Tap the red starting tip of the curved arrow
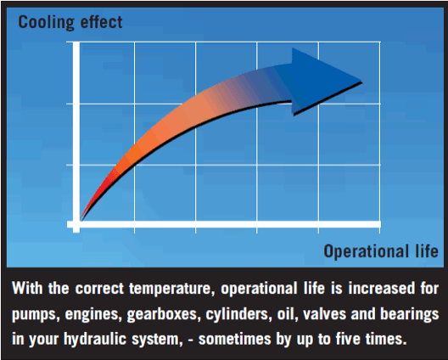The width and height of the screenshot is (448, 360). [x=85, y=212]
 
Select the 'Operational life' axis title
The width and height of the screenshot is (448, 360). [x=381, y=251]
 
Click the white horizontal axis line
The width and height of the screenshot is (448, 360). [x=229, y=225]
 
